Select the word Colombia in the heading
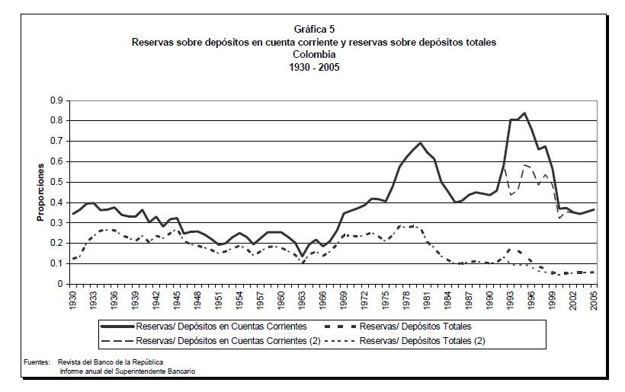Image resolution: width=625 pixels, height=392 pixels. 313,55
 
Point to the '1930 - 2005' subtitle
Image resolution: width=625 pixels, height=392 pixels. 313,66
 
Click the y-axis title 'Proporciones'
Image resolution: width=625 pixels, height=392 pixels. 40,195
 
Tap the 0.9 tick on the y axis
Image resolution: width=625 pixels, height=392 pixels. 56,100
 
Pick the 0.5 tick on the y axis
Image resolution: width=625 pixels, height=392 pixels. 56,182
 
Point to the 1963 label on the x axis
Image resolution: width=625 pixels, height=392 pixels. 302,299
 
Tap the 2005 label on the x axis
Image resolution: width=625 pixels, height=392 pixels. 594,299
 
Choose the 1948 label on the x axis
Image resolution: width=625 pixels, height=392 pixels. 198,299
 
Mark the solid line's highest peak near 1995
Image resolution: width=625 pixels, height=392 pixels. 524,113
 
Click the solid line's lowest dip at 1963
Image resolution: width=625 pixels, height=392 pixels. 302,256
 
